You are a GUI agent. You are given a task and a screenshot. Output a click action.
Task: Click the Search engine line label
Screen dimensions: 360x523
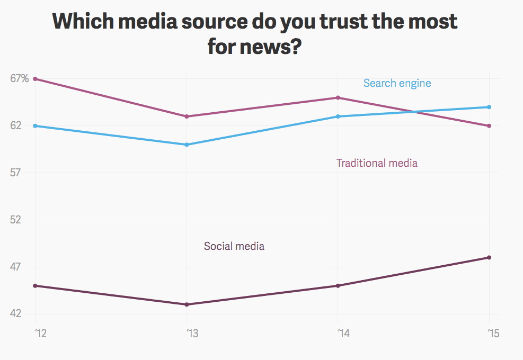(x=397, y=83)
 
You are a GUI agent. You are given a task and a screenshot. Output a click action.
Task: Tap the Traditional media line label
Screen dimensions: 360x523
(x=377, y=163)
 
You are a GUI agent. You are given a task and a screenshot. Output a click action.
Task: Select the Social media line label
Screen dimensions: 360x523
(x=234, y=246)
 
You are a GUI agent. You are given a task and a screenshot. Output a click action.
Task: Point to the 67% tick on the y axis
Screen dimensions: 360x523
(x=19, y=78)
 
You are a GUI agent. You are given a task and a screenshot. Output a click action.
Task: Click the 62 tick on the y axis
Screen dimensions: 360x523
(x=17, y=125)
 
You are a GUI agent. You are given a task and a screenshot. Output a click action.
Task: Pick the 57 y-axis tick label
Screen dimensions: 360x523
(x=17, y=173)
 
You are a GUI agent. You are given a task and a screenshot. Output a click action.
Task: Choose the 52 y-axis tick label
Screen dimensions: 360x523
(x=17, y=220)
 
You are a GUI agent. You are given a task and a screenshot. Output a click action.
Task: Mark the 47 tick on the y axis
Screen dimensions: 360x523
(x=17, y=267)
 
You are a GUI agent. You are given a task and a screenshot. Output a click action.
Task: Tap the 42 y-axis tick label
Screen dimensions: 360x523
(x=17, y=314)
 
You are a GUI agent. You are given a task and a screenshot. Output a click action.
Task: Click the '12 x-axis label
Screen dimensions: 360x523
(x=40, y=334)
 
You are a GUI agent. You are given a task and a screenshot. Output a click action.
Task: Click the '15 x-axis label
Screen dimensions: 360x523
(x=493, y=334)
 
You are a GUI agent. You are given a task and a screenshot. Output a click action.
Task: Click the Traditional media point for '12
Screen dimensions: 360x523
(x=36, y=79)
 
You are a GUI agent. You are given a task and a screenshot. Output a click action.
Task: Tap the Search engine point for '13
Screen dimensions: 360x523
(x=187, y=145)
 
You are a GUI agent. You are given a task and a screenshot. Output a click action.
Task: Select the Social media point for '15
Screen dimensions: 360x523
(x=489, y=257)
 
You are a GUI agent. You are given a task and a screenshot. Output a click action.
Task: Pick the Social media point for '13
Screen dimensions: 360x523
(x=187, y=304)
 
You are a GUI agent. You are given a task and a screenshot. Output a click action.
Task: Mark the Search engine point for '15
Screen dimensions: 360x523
(x=489, y=107)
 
